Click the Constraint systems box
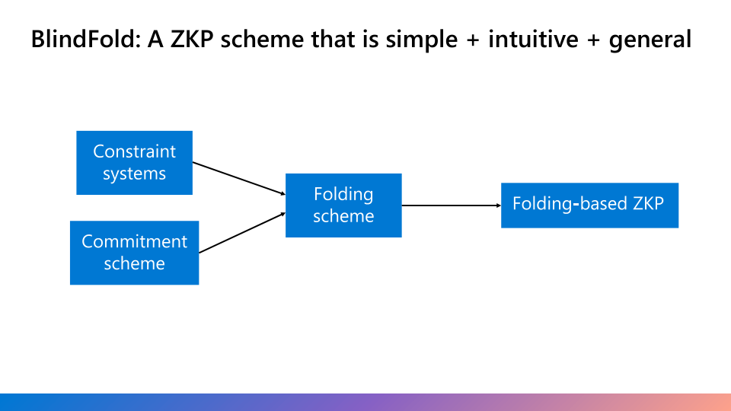[134, 163]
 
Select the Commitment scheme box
[134, 253]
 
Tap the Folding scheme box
[343, 205]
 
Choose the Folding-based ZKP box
[589, 205]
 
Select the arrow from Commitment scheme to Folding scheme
[241, 232]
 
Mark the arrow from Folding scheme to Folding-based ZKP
[451, 205]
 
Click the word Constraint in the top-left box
[134, 151]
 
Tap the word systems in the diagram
[134, 174]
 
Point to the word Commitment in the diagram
[134, 241]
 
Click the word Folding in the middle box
[343, 194]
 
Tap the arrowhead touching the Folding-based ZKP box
[497, 205]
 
